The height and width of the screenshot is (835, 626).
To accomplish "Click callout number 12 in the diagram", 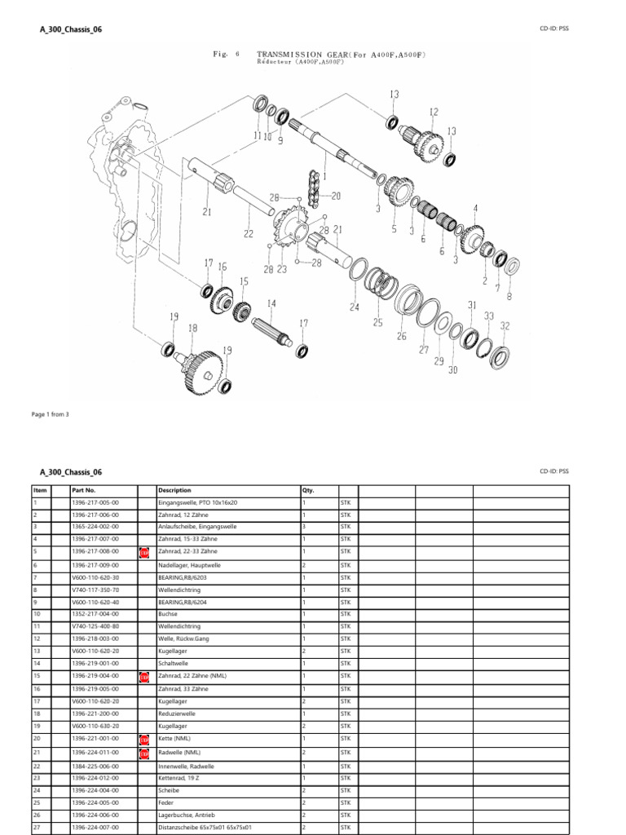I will pyautogui.click(x=434, y=113).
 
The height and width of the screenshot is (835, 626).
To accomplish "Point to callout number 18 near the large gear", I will pyautogui.click(x=193, y=328).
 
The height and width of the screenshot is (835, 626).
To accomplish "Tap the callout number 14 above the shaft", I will pyautogui.click(x=271, y=303).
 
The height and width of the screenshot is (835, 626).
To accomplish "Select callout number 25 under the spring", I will pyautogui.click(x=377, y=323).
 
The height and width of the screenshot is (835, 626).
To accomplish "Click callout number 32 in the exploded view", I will pyautogui.click(x=505, y=325).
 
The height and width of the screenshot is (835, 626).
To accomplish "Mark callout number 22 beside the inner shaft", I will pyautogui.click(x=249, y=233).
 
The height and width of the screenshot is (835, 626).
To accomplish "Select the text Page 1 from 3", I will pyautogui.click(x=50, y=414).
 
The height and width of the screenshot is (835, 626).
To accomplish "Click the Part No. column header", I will pyautogui.click(x=84, y=491).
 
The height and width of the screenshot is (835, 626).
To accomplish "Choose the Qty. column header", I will pyautogui.click(x=308, y=491).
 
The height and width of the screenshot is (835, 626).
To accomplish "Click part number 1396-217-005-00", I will pyautogui.click(x=95, y=503).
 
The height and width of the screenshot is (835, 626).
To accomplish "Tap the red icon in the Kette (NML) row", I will pyautogui.click(x=144, y=740).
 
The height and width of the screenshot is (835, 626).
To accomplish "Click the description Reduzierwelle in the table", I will pyautogui.click(x=177, y=713).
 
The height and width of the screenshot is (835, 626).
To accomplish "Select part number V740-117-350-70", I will pyautogui.click(x=95, y=589).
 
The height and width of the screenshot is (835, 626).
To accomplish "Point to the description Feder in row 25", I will pyautogui.click(x=167, y=803).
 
